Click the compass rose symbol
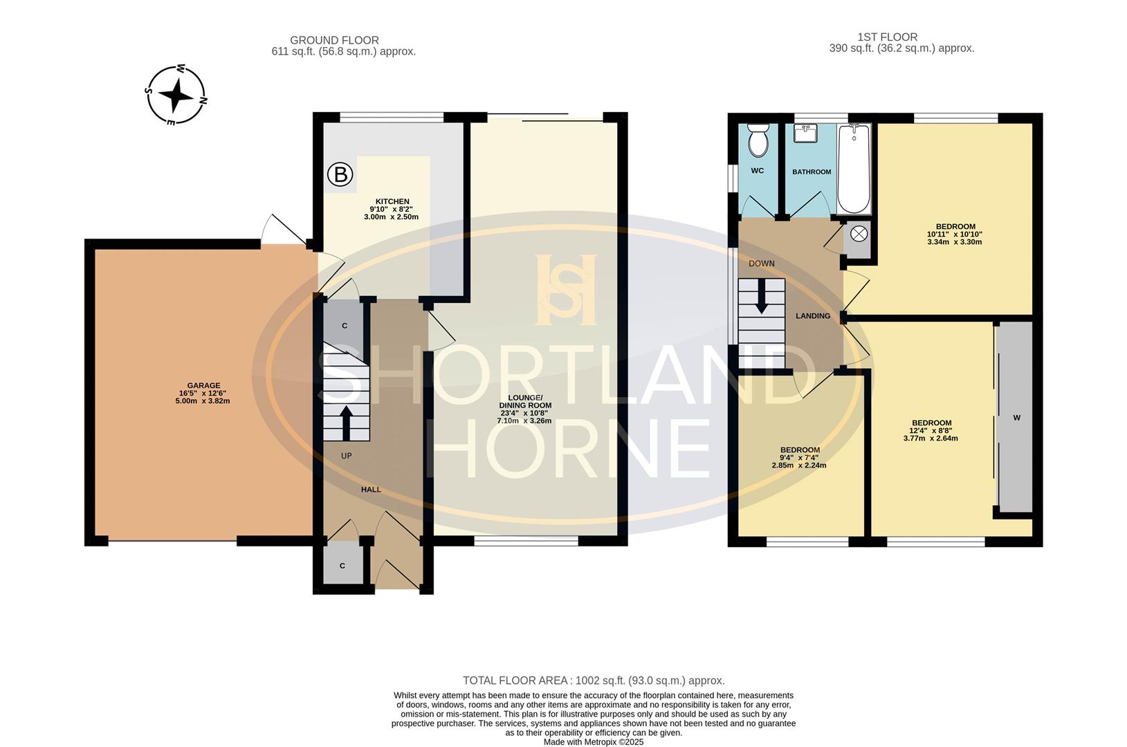[176, 95]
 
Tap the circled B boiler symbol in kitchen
[340, 175]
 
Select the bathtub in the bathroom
[854, 169]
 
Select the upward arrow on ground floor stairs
[346, 423]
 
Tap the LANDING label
[812, 316]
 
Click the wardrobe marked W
[1016, 418]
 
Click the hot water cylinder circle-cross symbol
[858, 234]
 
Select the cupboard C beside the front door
[342, 566]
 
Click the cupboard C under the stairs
[344, 326]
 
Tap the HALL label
[371, 490]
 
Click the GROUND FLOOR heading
[334, 40]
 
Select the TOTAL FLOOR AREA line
[593, 681]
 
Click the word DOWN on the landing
[761, 264]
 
